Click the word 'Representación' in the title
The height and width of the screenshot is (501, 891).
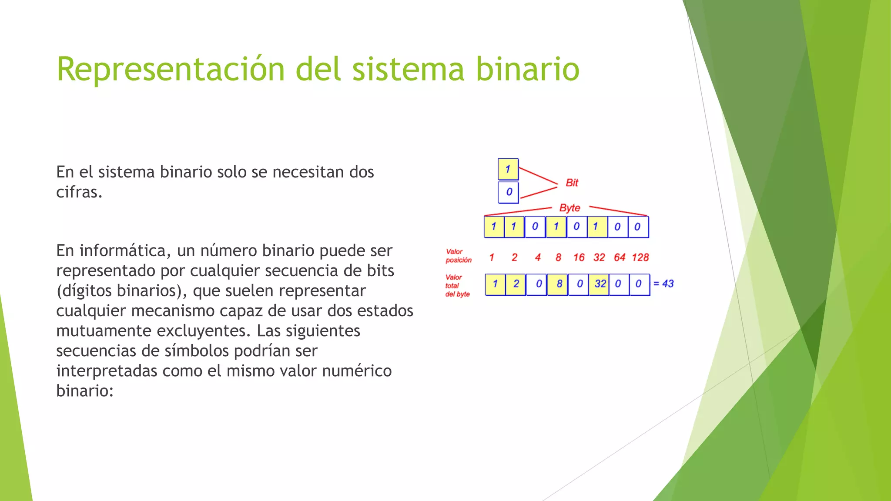click(x=170, y=69)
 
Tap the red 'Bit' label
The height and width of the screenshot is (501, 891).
click(x=572, y=183)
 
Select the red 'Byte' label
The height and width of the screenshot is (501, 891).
click(x=569, y=208)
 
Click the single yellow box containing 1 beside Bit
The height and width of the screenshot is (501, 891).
click(x=508, y=169)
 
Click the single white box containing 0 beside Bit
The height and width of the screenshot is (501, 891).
click(x=509, y=192)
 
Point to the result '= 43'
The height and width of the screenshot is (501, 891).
click(x=663, y=284)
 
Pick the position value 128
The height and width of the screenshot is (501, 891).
click(x=640, y=257)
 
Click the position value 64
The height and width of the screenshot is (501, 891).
click(x=620, y=257)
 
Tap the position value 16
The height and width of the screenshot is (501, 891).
click(x=579, y=257)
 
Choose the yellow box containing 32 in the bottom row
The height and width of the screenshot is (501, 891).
click(x=600, y=284)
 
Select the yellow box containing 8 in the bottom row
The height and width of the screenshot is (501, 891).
click(x=558, y=284)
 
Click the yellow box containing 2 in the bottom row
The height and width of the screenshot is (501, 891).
click(x=516, y=284)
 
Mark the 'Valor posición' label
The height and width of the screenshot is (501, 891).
click(x=458, y=256)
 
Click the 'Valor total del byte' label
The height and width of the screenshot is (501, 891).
click(x=457, y=285)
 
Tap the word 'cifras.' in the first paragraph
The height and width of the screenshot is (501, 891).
click(x=79, y=192)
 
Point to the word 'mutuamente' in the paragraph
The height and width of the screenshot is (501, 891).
click(x=103, y=331)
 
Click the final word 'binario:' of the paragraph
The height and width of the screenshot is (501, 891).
click(x=85, y=391)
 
